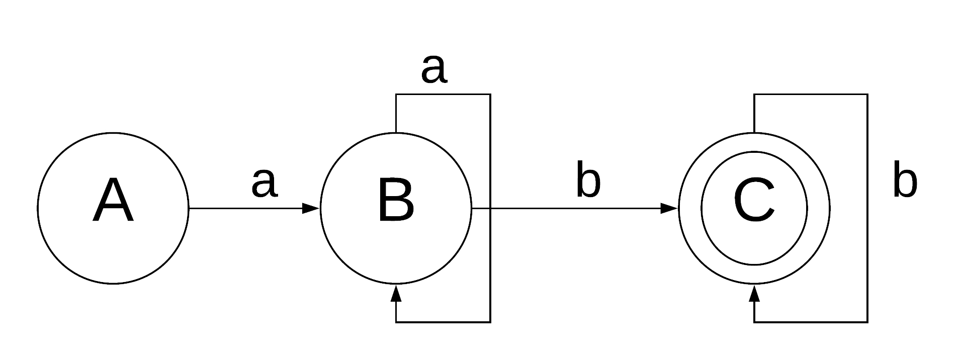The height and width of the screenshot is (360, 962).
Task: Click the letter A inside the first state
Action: pyautogui.click(x=113, y=200)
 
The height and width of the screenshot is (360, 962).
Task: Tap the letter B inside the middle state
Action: pyautogui.click(x=396, y=200)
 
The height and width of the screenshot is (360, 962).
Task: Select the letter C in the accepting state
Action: pyautogui.click(x=754, y=200)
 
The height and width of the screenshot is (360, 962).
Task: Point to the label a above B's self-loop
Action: pyautogui.click(x=433, y=69)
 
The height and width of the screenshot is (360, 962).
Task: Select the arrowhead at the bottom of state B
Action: pyautogui.click(x=396, y=293)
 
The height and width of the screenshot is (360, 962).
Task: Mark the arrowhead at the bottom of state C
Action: pyautogui.click(x=754, y=293)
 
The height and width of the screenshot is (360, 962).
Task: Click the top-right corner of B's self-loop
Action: pyautogui.click(x=490, y=95)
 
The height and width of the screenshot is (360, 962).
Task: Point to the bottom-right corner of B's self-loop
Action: pyautogui.click(x=490, y=322)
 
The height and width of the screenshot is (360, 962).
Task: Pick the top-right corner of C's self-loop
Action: pyautogui.click(x=867, y=95)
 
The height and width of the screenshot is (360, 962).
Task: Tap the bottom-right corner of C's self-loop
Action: pyautogui.click(x=867, y=322)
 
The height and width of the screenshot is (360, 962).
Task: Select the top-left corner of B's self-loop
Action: pyautogui.click(x=396, y=95)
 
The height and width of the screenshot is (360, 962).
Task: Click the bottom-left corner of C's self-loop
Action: pyautogui.click(x=754, y=322)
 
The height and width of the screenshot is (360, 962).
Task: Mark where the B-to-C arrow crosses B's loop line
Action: pyautogui.click(x=490, y=208)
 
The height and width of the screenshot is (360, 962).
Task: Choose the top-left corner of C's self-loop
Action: pyautogui.click(x=754, y=95)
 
